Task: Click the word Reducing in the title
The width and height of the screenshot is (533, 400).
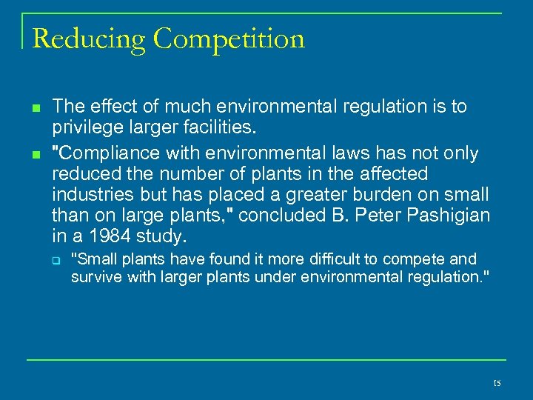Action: [88, 39]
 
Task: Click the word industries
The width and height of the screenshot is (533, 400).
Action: [88, 195]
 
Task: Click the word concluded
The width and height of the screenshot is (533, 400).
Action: [282, 216]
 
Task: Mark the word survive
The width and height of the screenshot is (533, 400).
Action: [94, 277]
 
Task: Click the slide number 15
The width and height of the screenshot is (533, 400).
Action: [496, 383]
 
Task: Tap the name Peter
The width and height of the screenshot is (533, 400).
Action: [369, 216]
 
